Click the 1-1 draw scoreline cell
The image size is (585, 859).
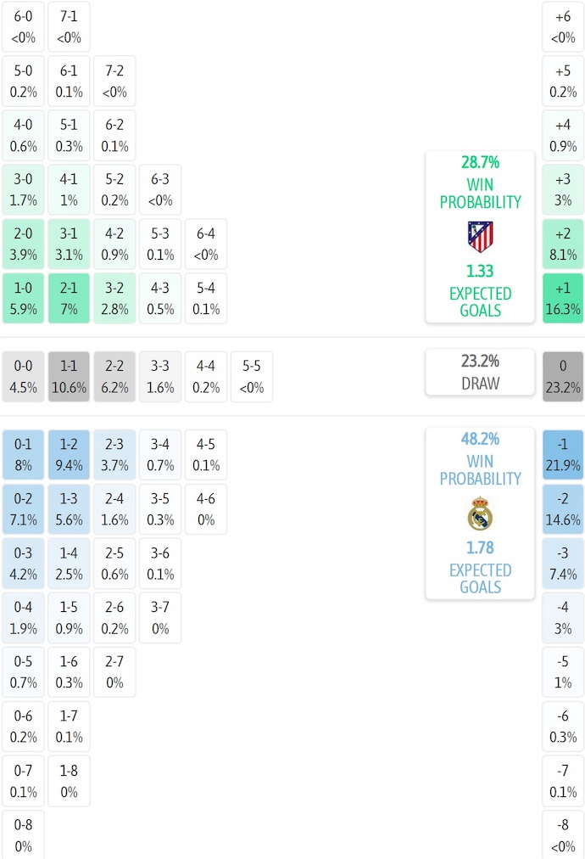pos(69,376)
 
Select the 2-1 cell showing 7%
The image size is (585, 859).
pos(69,298)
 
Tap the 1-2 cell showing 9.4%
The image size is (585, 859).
pos(69,454)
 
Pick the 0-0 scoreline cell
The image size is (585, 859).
pos(23,376)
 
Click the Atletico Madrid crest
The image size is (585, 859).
pos(480,236)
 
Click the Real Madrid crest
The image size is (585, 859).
pos(480,514)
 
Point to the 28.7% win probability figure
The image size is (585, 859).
pos(480,162)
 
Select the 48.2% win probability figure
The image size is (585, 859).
pos(480,439)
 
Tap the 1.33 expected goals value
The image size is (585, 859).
pos(480,271)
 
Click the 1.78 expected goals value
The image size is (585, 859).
pos(480,547)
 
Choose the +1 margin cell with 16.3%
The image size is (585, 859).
pos(563,298)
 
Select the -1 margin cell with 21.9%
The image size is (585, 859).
pos(563,454)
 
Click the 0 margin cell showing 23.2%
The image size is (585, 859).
pos(563,376)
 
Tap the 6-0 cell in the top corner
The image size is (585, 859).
pos(23,26)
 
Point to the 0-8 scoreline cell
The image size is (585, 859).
pos(23,834)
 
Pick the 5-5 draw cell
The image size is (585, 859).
pos(252,376)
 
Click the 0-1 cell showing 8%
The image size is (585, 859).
pos(23,454)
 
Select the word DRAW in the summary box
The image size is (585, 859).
pos(480,384)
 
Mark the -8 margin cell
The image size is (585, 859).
pos(563,834)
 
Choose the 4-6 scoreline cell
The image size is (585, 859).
pos(206,508)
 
